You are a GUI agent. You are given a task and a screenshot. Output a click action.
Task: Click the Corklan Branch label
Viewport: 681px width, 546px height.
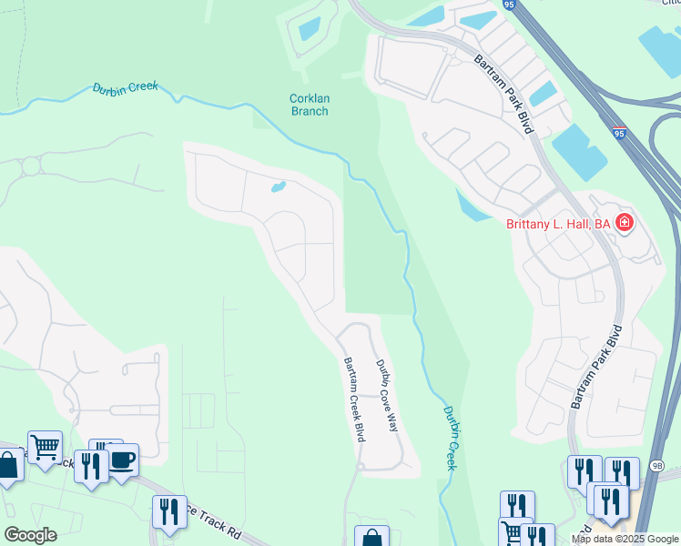click(x=309, y=105)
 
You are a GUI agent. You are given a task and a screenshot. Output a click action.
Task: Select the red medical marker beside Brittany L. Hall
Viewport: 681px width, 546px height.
click(x=625, y=222)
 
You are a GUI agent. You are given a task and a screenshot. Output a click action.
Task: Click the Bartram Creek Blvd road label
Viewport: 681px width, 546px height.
click(x=354, y=399)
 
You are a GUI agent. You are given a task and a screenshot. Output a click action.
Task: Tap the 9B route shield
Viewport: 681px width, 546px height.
click(x=657, y=466)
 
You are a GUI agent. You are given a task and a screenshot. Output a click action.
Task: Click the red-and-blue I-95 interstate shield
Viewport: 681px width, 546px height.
click(x=619, y=134)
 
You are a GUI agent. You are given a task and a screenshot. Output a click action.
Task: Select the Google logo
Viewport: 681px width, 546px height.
click(x=30, y=535)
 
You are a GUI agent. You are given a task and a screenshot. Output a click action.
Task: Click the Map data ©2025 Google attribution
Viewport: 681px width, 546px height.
click(x=625, y=539)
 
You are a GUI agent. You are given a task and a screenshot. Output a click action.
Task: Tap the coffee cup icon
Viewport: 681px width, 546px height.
click(x=122, y=459)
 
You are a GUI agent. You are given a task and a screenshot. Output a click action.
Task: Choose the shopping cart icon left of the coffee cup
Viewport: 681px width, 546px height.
click(x=45, y=447)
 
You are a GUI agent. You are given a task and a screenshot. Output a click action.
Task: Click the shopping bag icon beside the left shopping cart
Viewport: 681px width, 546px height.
click(x=8, y=466)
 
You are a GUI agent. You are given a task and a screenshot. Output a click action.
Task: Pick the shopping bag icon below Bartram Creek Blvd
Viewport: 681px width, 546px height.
click(x=371, y=537)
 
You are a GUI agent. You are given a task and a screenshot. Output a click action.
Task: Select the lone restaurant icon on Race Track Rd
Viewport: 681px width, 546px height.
click(x=168, y=511)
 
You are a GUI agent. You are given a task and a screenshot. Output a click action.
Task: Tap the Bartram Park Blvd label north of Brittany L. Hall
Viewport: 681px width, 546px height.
click(x=503, y=94)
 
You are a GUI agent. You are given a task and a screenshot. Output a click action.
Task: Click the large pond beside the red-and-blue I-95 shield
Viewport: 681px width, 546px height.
click(x=577, y=148)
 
